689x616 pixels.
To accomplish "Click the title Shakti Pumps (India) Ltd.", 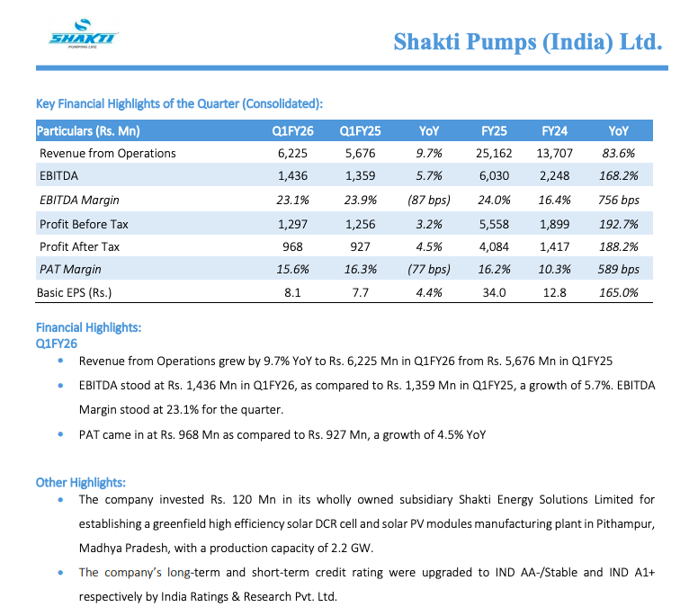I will (x=528, y=41).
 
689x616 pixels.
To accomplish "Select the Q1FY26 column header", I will (x=292, y=130).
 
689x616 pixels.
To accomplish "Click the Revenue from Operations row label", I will (x=107, y=153).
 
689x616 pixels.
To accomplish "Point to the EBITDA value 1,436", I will (x=292, y=176).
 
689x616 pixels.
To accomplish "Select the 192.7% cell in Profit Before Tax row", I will (x=619, y=223).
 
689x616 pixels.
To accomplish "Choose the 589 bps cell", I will (x=619, y=269).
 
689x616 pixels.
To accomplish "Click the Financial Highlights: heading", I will (x=88, y=328).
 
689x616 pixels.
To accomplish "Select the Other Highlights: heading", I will (x=80, y=482).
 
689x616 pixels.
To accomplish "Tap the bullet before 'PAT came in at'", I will (x=59, y=435).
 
